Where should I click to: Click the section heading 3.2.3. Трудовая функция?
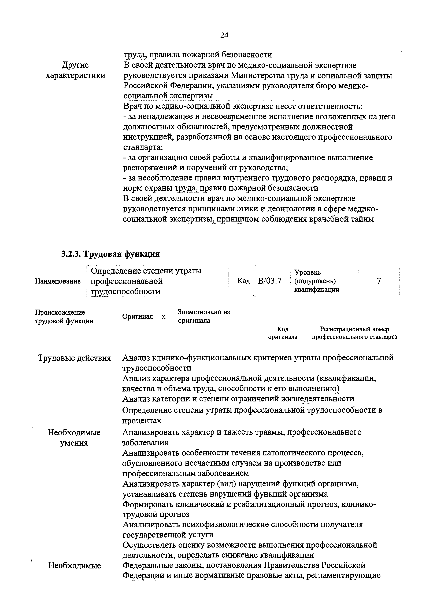(110, 254)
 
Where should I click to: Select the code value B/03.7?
(269, 281)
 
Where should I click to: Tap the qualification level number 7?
(379, 281)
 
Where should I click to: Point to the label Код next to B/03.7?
(244, 281)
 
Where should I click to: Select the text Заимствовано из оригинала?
(204, 316)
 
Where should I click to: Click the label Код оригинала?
(283, 333)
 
